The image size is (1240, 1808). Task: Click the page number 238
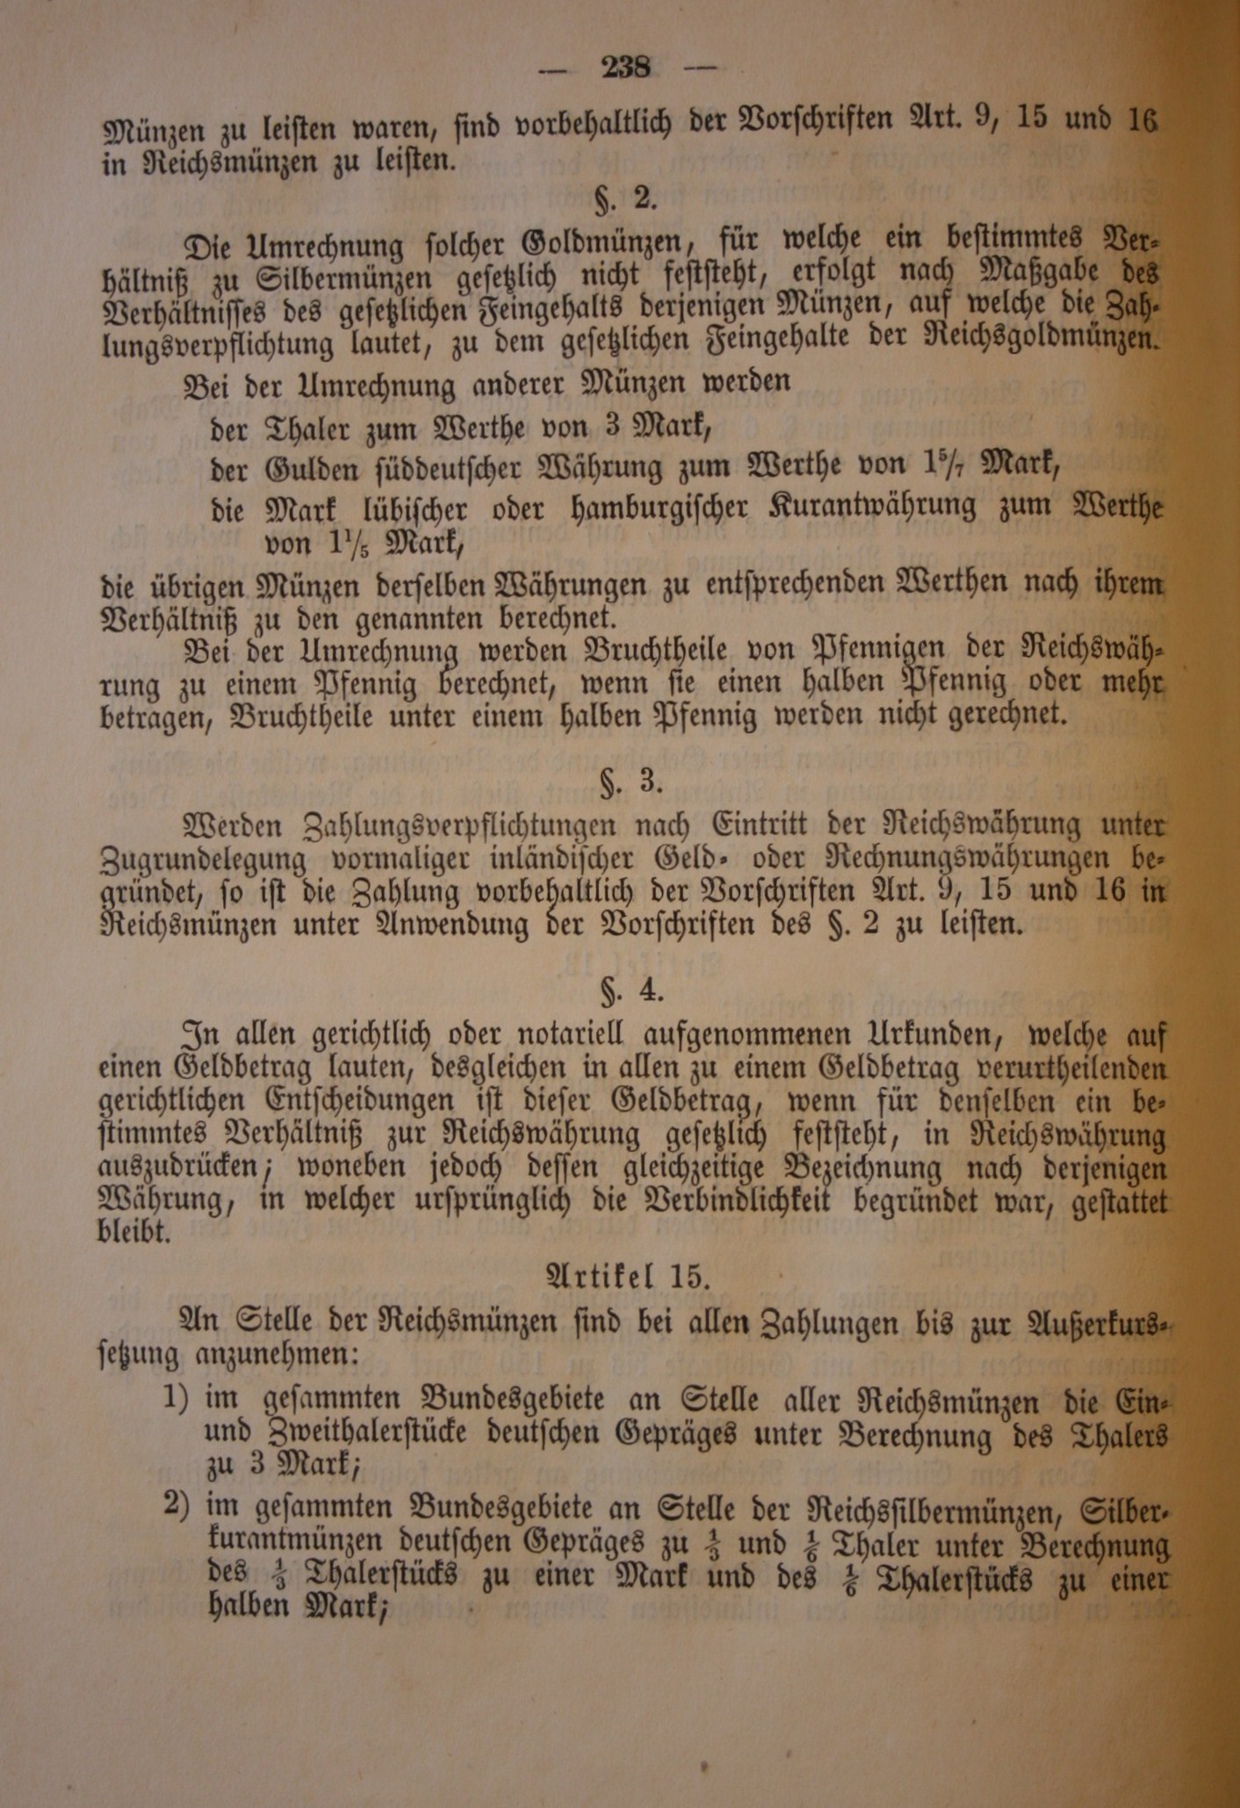pos(625,67)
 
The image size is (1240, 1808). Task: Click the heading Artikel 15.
pos(628,1276)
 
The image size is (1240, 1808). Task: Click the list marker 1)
pos(176,1397)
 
